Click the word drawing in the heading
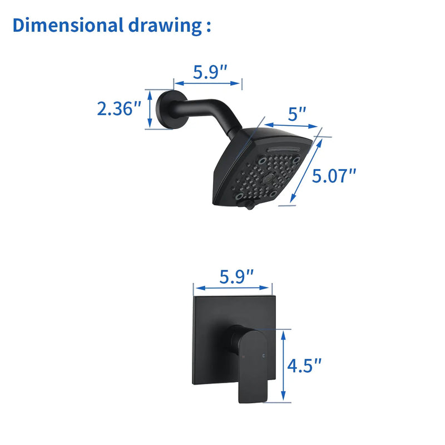[165, 26]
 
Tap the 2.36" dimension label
[119, 108]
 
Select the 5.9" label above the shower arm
[210, 72]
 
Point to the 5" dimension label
[297, 114]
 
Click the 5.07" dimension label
[334, 176]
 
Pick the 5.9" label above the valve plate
[236, 276]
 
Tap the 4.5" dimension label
[304, 365]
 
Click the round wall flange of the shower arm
[165, 109]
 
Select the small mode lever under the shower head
[249, 205]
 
